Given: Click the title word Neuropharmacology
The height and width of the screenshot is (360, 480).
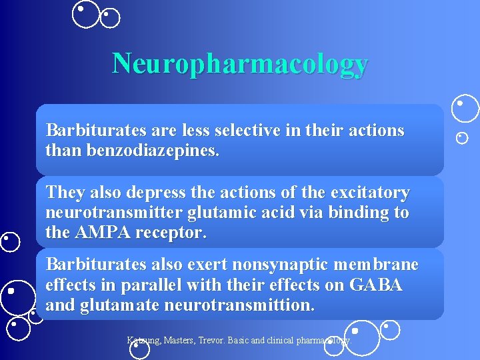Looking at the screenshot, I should click(240, 63).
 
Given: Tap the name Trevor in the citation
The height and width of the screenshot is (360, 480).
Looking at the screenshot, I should click(212, 340).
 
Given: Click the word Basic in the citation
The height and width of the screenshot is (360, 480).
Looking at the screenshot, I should click(240, 340).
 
